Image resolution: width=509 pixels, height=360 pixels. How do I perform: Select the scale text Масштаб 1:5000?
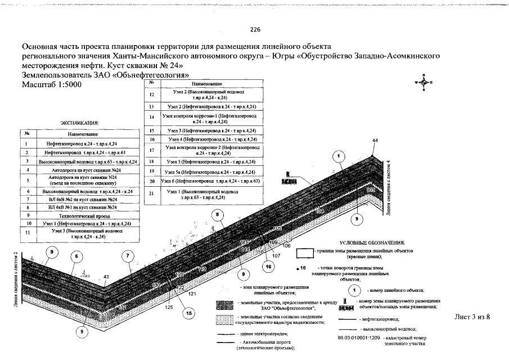click(51, 84)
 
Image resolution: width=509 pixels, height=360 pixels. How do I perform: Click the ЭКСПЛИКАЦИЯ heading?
click(80, 122)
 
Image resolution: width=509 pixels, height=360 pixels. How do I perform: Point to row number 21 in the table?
click(152, 196)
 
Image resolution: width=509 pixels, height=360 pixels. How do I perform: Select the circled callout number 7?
click(129, 256)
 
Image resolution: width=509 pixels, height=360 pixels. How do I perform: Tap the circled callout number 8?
click(217, 214)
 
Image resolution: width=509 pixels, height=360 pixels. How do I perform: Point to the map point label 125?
click(169, 307)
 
